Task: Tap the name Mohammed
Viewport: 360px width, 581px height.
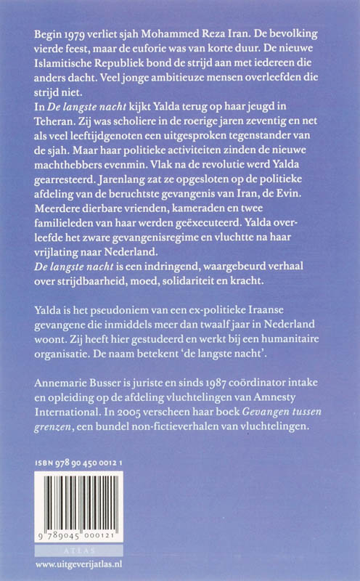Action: [175, 35]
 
